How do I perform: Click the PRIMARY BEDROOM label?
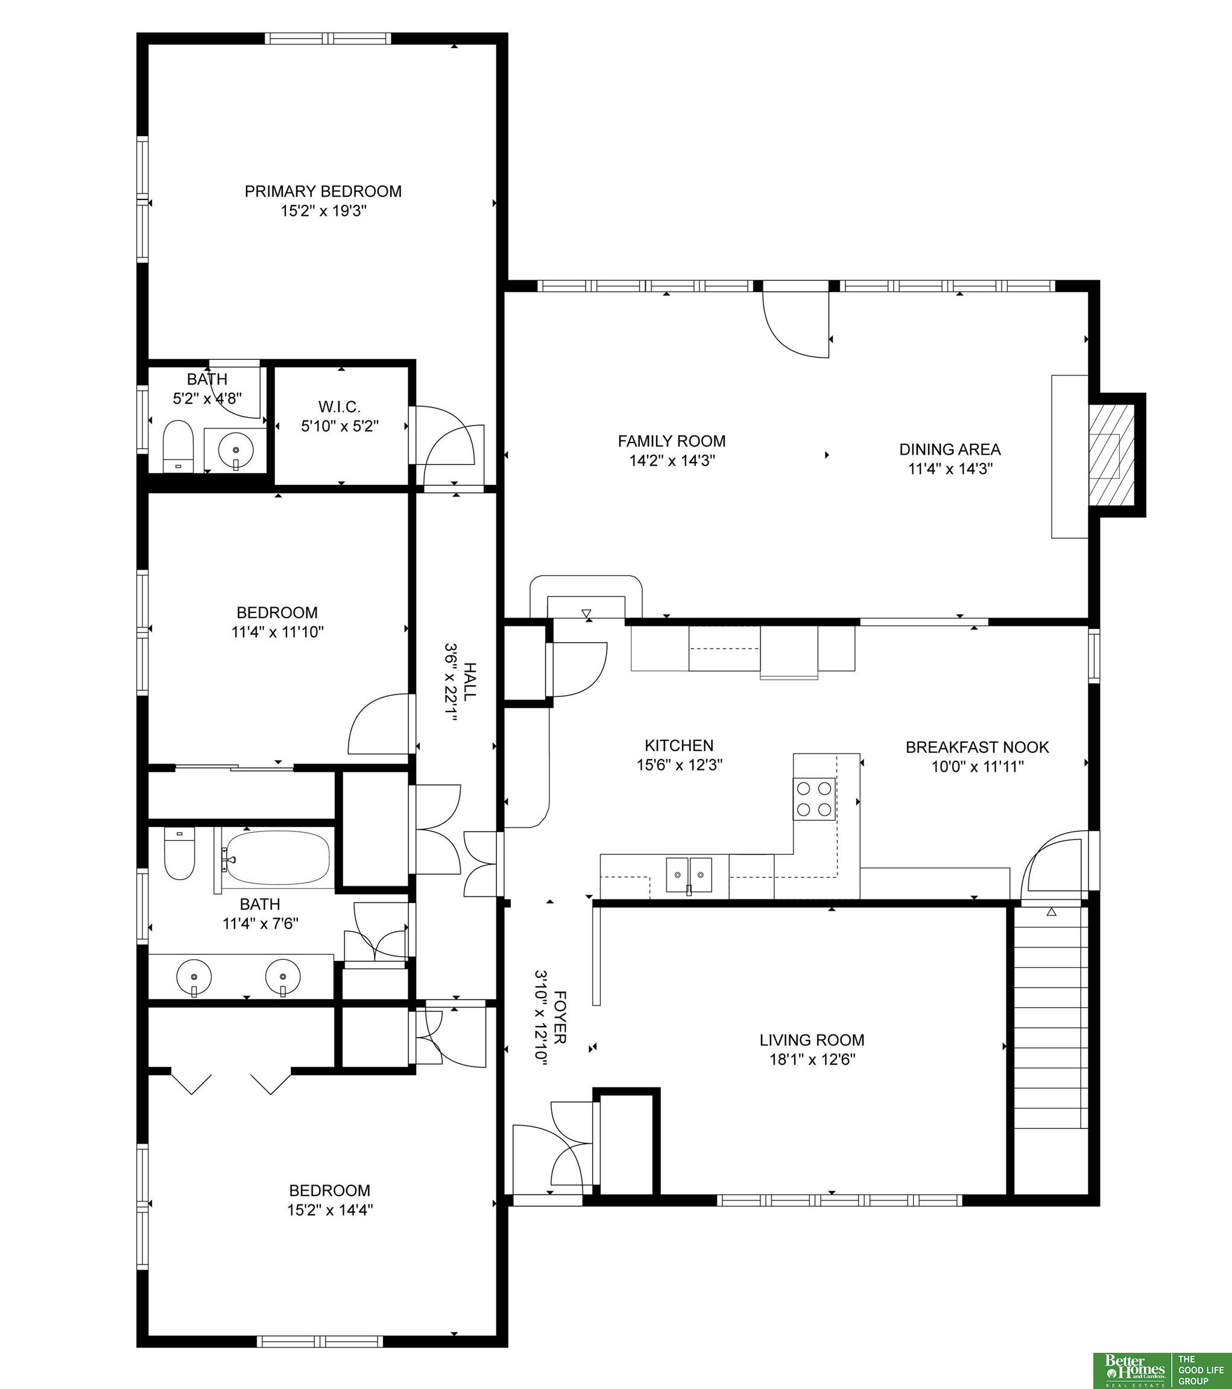[323, 192]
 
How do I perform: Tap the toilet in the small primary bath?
[179, 446]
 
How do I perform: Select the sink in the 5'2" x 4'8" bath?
[235, 449]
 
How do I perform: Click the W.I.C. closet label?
[340, 407]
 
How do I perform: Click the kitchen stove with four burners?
[815, 798]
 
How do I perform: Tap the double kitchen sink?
[689, 875]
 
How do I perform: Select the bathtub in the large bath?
[278, 858]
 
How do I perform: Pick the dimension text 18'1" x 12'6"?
[812, 1059]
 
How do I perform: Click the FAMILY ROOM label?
[672, 441]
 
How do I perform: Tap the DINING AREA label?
[950, 449]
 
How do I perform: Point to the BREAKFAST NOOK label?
[977, 748]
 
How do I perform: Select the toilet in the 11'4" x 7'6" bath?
[180, 854]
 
